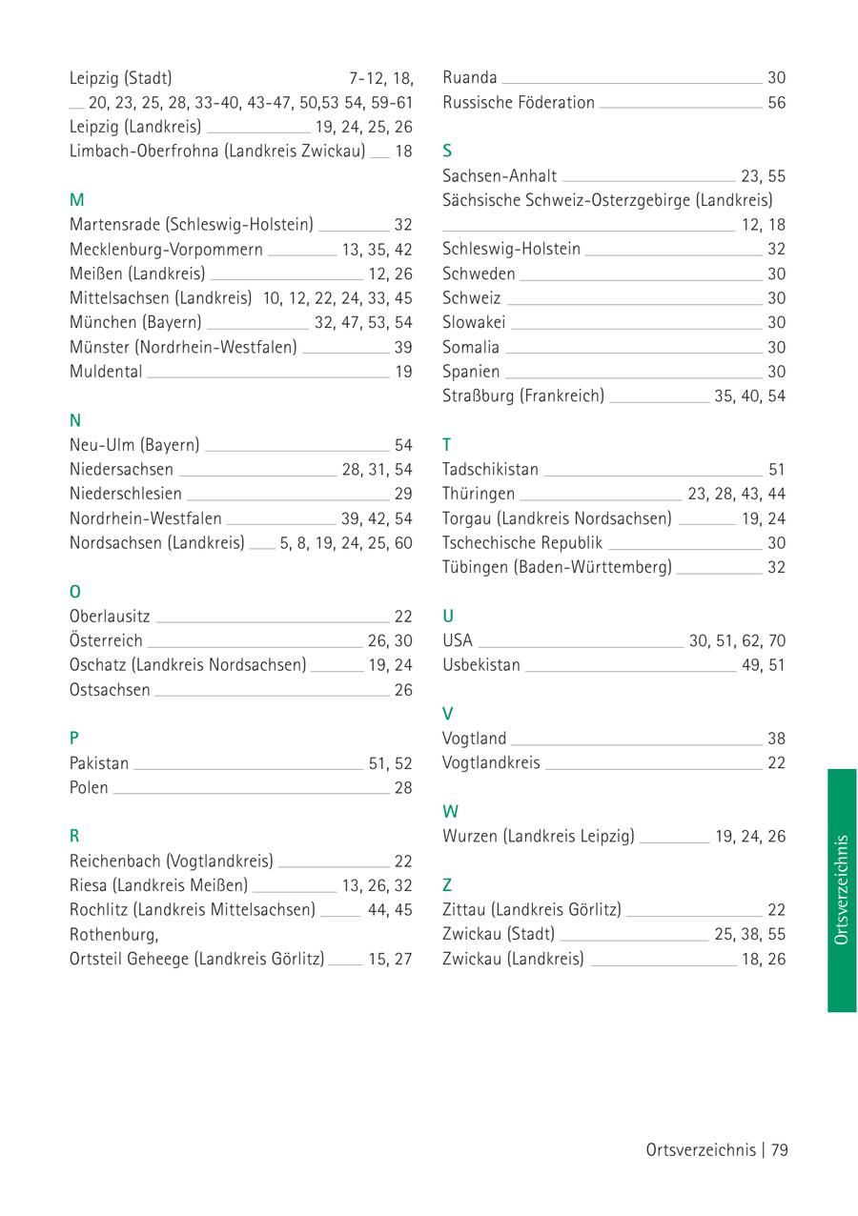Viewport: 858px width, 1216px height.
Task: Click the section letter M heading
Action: [77, 200]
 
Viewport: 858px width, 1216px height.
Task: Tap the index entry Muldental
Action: [106, 372]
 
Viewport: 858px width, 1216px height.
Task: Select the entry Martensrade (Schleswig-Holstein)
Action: [191, 225]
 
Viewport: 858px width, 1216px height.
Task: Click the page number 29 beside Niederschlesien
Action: [403, 494]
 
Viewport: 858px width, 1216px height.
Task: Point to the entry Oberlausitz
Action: [110, 618]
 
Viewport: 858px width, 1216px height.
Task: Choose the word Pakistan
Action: [99, 763]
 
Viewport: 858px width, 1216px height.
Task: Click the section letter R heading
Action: [74, 837]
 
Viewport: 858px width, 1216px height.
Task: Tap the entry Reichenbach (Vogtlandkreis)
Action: [172, 861]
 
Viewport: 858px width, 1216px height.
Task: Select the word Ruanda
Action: [470, 78]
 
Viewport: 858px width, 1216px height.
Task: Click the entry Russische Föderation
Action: [519, 103]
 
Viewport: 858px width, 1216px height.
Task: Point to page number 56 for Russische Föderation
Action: [777, 103]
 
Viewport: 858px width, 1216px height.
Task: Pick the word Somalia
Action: [471, 348]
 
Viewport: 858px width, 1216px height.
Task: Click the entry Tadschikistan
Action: [490, 470]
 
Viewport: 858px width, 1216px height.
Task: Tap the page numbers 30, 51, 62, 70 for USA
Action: [737, 640]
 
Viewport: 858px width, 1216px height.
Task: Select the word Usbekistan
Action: [481, 665]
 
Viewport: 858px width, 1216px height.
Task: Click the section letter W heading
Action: [451, 812]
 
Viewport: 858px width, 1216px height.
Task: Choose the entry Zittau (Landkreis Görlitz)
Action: [532, 910]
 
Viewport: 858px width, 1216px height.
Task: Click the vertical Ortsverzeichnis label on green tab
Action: [841, 890]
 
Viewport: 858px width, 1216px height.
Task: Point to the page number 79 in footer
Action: [780, 1150]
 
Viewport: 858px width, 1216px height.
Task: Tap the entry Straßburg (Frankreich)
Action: [523, 395]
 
